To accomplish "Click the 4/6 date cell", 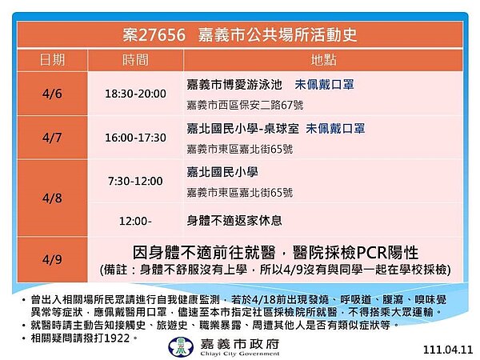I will tap(53, 94).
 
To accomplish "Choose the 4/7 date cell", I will tap(53, 138).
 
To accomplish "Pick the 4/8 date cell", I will tap(53, 196).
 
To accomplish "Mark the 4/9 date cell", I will tap(53, 254).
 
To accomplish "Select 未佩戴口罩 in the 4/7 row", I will tap(335, 128).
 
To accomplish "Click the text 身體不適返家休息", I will tap(233, 218).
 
